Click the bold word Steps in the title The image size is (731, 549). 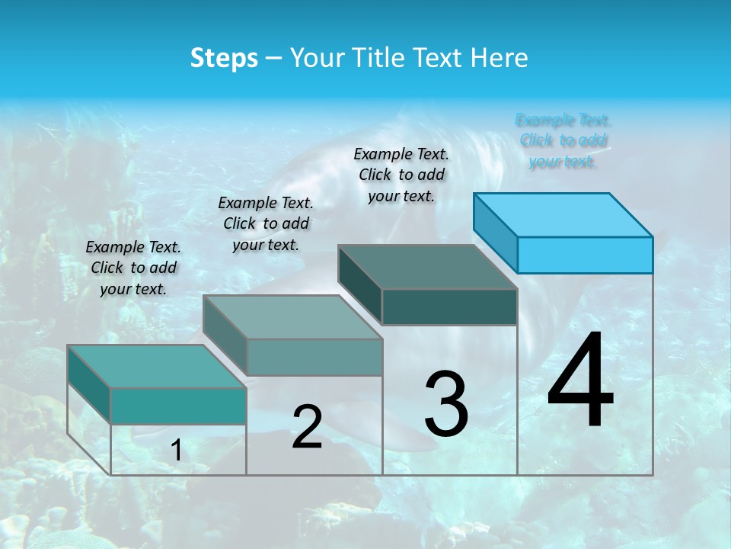224,58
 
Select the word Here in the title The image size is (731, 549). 500,58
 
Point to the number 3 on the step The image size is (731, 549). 446,404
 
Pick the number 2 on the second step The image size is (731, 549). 307,427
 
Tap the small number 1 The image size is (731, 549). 177,451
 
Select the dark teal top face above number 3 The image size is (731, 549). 428,267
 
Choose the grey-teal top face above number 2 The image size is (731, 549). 292,317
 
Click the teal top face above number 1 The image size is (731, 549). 157,367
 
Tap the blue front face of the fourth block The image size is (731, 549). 585,255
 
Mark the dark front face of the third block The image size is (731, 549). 449,307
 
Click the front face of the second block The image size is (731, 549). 314,357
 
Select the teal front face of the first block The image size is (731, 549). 178,406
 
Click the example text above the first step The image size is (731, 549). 133,268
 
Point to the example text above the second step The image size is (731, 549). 266,223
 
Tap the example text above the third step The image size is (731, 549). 401,175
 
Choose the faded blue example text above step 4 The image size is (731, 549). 563,140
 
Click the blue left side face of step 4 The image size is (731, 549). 496,232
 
